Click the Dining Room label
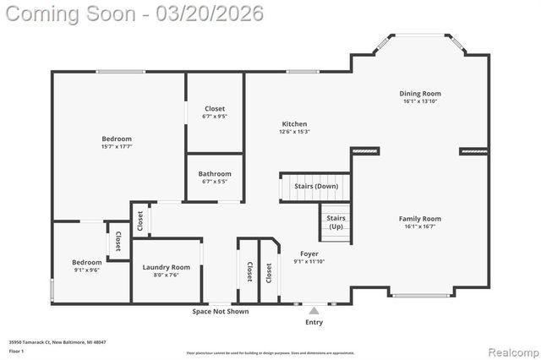click(x=420, y=94)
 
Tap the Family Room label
click(x=420, y=219)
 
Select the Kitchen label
click(x=294, y=124)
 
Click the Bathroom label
click(x=215, y=174)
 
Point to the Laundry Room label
click(x=166, y=267)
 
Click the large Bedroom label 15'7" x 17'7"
click(x=117, y=139)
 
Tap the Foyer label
click(x=309, y=254)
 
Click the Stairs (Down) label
click(x=316, y=186)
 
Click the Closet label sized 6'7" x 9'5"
click(x=215, y=108)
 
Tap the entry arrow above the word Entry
click(x=314, y=310)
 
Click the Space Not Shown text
click(x=221, y=311)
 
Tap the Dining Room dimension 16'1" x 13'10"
click(x=420, y=101)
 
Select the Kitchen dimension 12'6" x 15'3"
click(x=294, y=132)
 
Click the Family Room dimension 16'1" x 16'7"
click(x=420, y=226)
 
